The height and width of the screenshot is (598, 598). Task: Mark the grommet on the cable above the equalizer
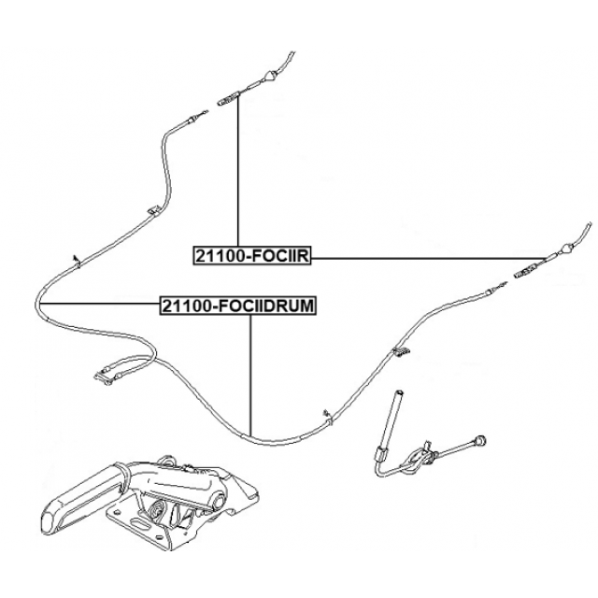[323, 410]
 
